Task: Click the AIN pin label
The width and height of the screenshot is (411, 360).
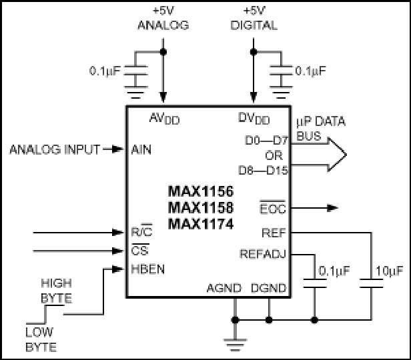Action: [x=141, y=150]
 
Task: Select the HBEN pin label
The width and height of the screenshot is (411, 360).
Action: [x=148, y=269]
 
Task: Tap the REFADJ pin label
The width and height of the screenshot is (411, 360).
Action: [x=263, y=254]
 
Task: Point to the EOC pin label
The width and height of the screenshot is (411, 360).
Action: [x=273, y=209]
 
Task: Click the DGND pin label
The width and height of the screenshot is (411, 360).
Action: [x=268, y=288]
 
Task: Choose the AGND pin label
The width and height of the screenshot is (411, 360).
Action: [x=224, y=288]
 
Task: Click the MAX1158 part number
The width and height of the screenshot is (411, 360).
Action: [x=201, y=207]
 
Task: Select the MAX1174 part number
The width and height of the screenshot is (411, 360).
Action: [x=201, y=224]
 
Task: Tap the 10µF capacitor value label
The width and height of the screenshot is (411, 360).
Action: [x=390, y=271]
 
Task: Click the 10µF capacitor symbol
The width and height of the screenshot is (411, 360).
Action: [x=371, y=283]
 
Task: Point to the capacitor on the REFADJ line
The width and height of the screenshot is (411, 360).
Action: [x=315, y=283]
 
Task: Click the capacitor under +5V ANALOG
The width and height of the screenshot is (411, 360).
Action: [x=135, y=71]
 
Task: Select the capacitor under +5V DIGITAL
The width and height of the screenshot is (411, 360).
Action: [x=281, y=71]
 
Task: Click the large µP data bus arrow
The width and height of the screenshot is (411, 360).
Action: [x=319, y=155]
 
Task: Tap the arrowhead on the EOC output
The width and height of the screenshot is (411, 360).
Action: [x=333, y=208]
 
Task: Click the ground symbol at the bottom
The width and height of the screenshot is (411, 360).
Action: [x=235, y=345]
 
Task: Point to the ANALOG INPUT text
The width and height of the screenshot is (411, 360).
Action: [x=55, y=150]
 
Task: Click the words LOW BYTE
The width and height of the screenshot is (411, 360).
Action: [x=41, y=339]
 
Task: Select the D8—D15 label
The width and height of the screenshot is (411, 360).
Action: [x=263, y=171]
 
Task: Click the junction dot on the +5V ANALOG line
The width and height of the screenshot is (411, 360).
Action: [x=163, y=52]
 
